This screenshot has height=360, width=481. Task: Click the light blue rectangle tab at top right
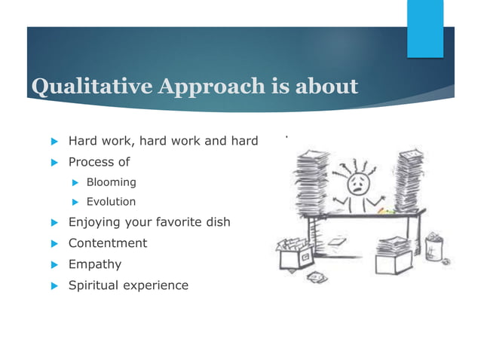click(425, 29)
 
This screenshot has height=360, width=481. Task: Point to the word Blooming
click(111, 182)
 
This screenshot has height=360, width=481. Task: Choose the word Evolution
click(111, 202)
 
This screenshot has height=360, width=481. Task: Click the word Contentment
click(108, 243)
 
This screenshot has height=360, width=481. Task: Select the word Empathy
click(94, 264)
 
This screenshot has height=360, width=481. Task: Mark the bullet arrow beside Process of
click(54, 162)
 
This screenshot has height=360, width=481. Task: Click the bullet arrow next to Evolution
click(75, 202)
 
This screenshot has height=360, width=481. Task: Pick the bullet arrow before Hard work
click(54, 141)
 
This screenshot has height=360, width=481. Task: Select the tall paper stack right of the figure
click(410, 181)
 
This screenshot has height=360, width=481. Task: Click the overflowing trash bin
click(435, 246)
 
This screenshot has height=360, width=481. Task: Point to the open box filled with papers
click(296, 252)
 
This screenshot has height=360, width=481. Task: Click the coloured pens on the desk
click(385, 211)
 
